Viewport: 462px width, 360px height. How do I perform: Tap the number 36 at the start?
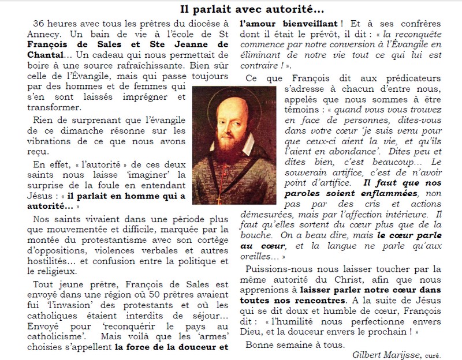point(39,24)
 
